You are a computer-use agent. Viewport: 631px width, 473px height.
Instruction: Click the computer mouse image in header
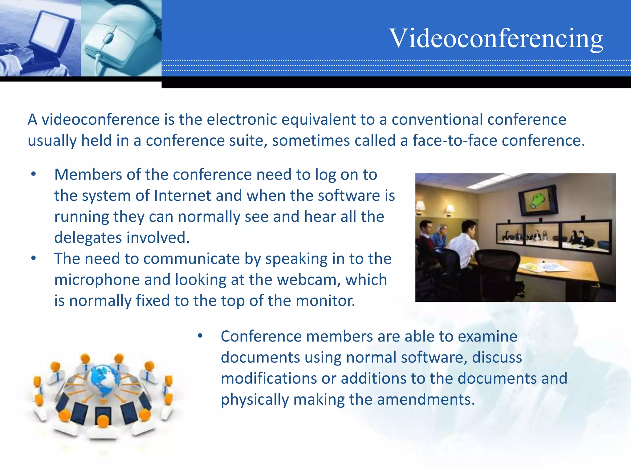point(120,38)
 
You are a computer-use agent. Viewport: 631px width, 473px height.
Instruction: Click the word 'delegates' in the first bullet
point(88,238)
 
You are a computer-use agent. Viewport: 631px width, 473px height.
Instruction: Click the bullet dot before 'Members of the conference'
point(34,174)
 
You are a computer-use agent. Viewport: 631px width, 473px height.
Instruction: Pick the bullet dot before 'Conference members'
point(200,336)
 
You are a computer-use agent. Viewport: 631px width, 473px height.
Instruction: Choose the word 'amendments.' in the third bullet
point(426,399)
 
